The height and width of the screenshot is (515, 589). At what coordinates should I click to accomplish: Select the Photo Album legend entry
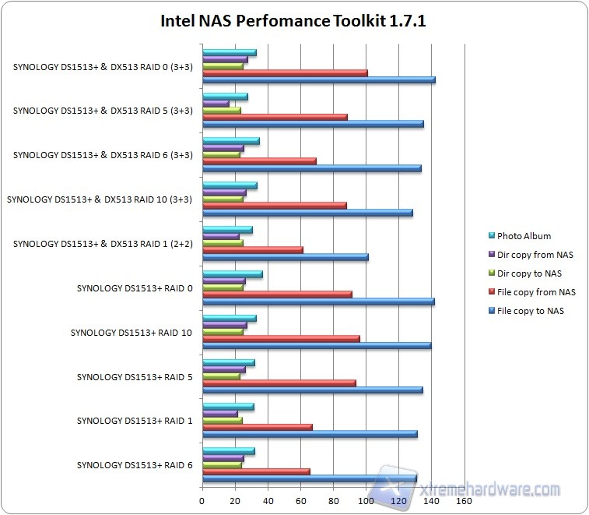pyautogui.click(x=524, y=236)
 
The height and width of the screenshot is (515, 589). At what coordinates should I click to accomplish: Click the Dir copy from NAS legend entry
pyautogui.click(x=533, y=255)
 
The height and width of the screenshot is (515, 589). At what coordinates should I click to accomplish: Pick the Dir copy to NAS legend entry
pyautogui.click(x=529, y=273)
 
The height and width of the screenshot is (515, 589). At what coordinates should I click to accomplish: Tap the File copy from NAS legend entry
pyautogui.click(x=535, y=292)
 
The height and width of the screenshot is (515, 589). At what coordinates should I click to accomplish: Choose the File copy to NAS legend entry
pyautogui.click(x=530, y=311)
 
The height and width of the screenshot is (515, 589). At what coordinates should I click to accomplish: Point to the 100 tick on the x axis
pyautogui.click(x=366, y=501)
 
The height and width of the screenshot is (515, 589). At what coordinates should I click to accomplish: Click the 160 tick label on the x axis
pyautogui.click(x=464, y=501)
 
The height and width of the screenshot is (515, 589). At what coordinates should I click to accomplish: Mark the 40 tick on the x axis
pyautogui.click(x=268, y=501)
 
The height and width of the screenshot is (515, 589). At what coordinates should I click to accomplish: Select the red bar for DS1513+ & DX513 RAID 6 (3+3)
pyautogui.click(x=258, y=161)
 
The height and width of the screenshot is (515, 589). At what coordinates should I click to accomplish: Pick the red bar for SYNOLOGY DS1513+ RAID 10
pyautogui.click(x=280, y=339)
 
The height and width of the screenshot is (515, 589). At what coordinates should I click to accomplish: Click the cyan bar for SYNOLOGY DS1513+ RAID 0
pyautogui.click(x=232, y=274)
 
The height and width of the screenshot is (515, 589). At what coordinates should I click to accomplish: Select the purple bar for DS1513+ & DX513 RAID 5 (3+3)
pyautogui.click(x=216, y=103)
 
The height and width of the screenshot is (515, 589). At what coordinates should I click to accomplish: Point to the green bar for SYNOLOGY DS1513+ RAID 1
pyautogui.click(x=222, y=421)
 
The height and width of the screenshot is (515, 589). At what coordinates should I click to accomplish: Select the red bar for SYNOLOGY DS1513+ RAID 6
pyautogui.click(x=255, y=471)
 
